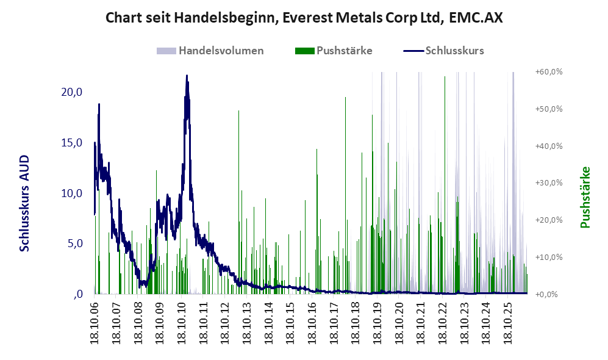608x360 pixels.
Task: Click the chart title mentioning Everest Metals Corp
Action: click(304, 18)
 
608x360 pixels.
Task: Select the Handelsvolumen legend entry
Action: click(210, 51)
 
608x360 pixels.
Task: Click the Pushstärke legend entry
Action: click(334, 51)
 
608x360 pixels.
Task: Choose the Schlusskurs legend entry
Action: click(443, 51)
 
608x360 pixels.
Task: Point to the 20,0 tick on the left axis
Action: click(72, 92)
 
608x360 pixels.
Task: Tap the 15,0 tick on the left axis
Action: click(72, 143)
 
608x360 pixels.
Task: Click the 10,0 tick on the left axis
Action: click(72, 193)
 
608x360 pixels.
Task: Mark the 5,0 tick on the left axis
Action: click(74, 243)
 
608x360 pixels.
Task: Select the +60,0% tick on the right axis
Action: click(549, 72)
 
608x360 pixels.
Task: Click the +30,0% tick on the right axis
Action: click(549, 182)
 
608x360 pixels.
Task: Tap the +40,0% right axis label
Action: click(549, 146)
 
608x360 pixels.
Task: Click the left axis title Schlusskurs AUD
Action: click(24, 203)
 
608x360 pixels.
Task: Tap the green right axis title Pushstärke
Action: click(585, 197)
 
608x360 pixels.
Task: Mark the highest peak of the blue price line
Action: click(187, 75)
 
